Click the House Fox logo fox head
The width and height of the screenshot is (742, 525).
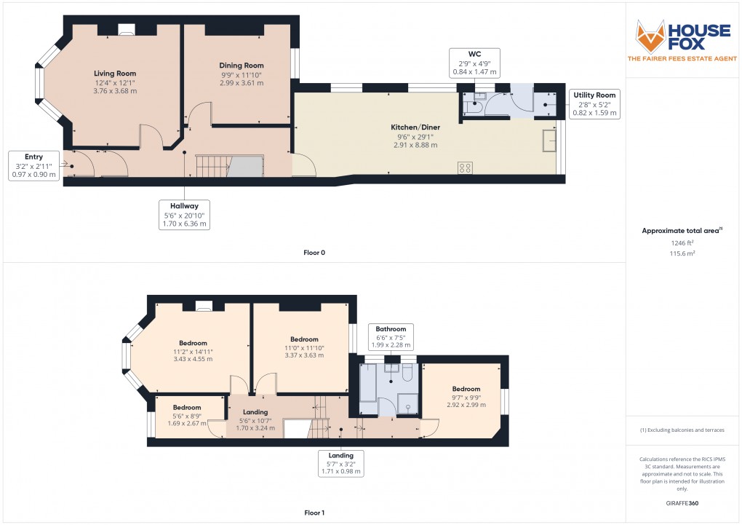pos(651,34)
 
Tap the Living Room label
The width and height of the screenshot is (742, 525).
pos(115,74)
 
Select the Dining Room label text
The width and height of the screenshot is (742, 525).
pos(242,66)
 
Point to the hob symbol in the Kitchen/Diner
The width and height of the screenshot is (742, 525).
pos(465,167)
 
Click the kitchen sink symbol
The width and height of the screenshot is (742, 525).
pos(548,141)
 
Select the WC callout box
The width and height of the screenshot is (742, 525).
pos(474,63)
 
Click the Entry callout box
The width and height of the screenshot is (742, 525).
pos(33,165)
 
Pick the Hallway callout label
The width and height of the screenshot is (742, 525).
pos(184,215)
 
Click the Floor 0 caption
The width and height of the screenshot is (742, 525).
pos(314,253)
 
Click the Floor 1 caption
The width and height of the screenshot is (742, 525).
pos(314,513)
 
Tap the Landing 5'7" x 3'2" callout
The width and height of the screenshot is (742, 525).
pos(341,464)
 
